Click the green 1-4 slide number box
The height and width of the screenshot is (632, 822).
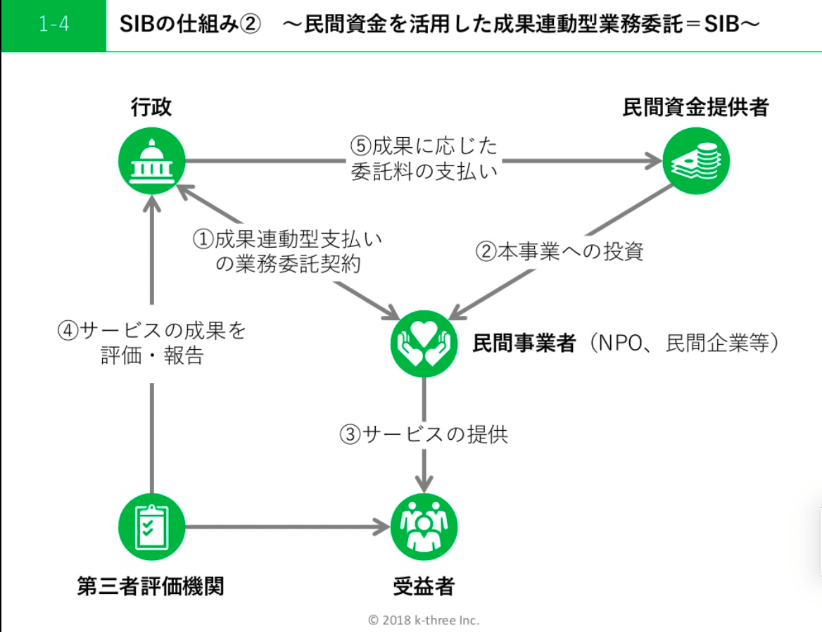(x=53, y=26)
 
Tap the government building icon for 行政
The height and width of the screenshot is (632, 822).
(x=151, y=161)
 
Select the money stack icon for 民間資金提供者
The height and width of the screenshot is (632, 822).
(x=697, y=161)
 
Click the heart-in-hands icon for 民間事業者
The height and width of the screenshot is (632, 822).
(x=424, y=343)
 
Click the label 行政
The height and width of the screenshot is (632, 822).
(x=151, y=107)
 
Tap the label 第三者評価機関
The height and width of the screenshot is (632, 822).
(x=151, y=586)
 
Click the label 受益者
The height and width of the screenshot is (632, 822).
(x=424, y=586)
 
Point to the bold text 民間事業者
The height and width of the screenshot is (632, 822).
(x=525, y=343)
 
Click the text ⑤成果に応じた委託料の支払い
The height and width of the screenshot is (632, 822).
(x=424, y=158)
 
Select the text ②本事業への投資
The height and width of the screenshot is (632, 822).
(x=559, y=251)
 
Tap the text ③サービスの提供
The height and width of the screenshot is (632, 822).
(x=424, y=434)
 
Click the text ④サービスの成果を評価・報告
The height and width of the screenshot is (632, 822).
(x=152, y=343)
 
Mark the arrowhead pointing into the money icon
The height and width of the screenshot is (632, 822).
(x=653, y=161)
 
